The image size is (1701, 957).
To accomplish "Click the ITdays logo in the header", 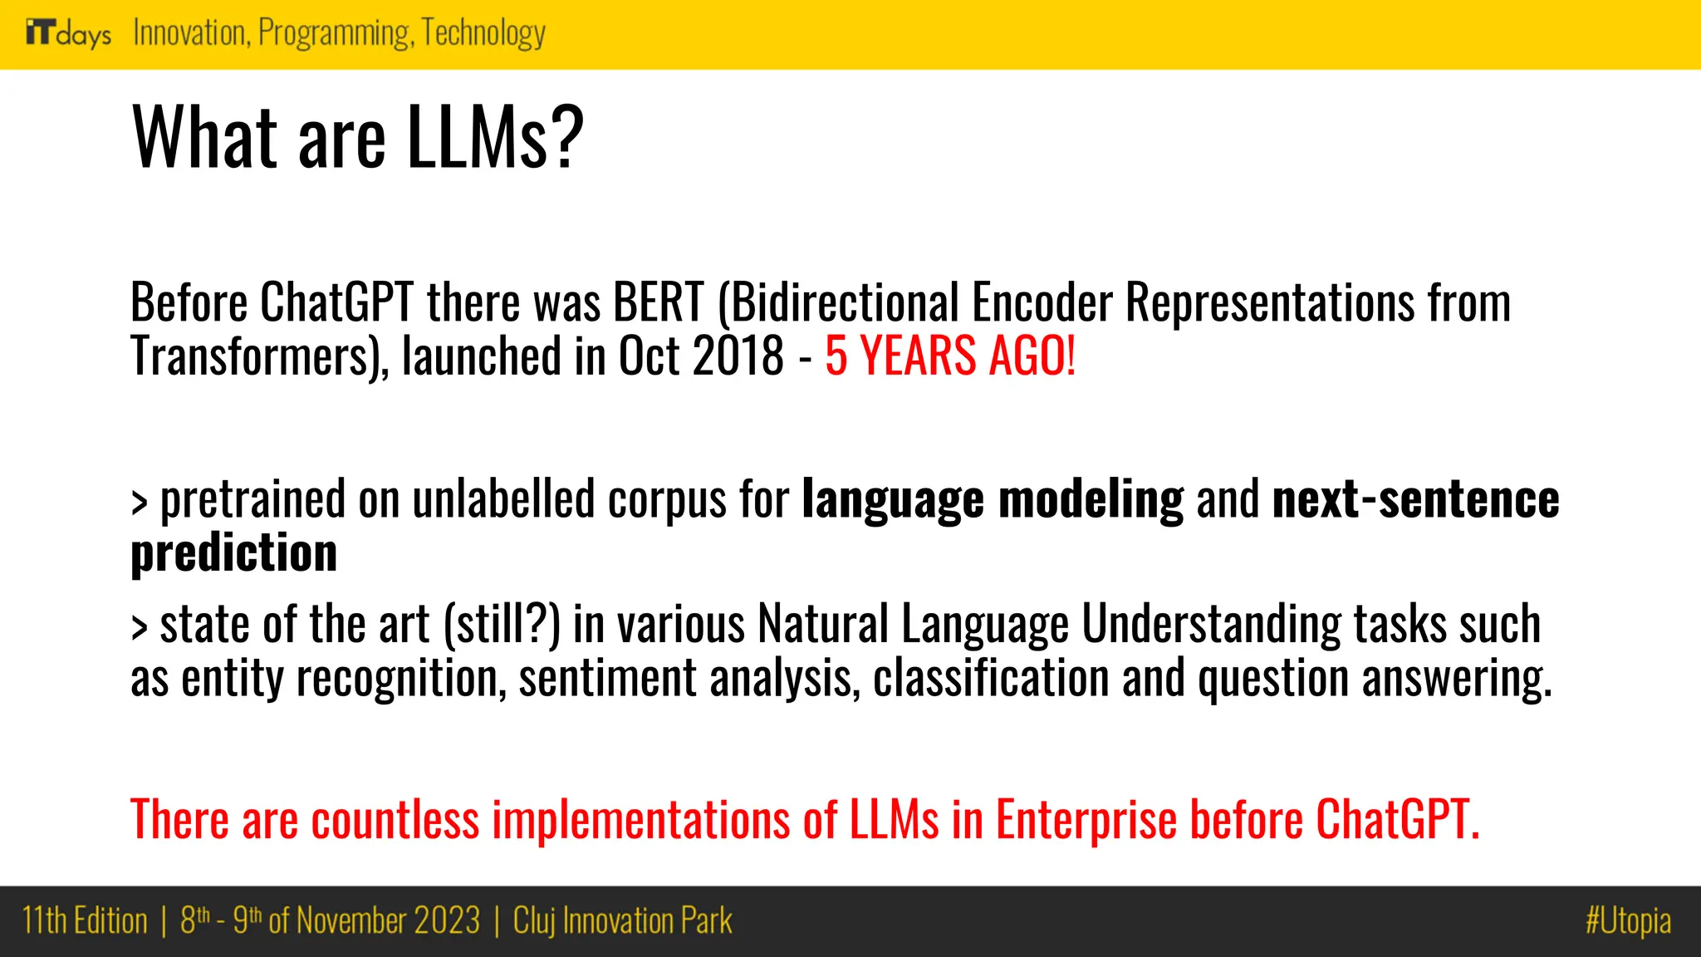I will point(68,33).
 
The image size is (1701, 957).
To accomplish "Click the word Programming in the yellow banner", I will point(335,33).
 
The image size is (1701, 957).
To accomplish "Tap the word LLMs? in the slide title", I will point(495,137).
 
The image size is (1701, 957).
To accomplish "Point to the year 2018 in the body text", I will point(738,356).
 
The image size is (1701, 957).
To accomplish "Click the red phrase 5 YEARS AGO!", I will point(950,356).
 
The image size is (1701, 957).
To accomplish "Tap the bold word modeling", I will point(1091,499).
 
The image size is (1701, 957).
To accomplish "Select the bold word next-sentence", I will point(1415,499).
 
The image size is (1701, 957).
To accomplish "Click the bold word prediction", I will point(234,553).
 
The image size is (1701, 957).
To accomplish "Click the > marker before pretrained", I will point(140,503).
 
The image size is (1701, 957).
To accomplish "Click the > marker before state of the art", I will point(140,627).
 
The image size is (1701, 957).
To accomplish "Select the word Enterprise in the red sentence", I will point(1086,820).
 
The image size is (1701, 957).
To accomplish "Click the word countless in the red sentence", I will point(395,820).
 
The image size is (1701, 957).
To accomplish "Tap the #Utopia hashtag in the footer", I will point(1627,921).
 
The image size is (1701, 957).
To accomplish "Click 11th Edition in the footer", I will point(85,921).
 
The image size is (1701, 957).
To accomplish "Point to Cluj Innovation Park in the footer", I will point(622,921).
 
